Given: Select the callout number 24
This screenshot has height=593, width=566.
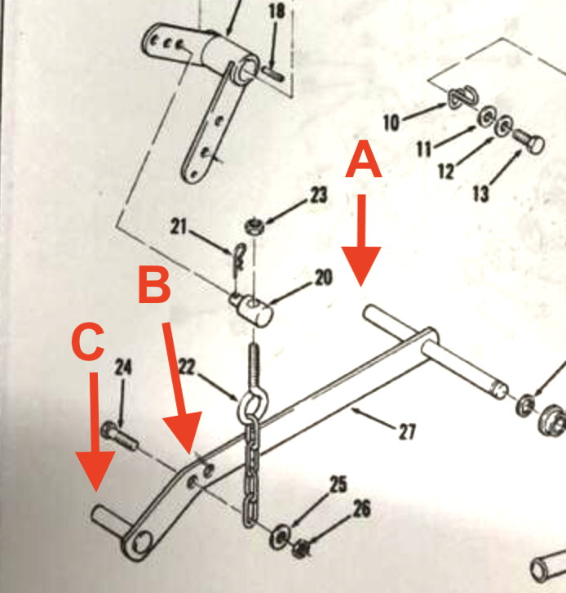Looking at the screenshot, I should coord(122,368).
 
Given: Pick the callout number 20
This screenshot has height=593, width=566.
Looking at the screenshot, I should coord(322,278).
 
